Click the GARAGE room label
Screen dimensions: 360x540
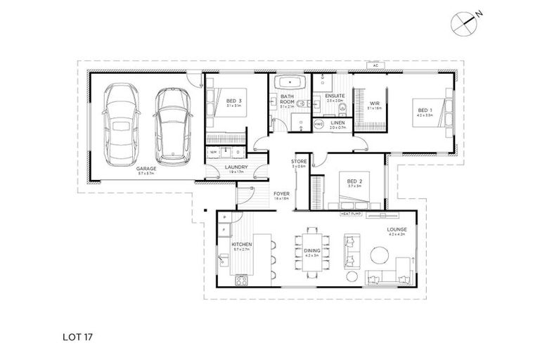coord(146,169)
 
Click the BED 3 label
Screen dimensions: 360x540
coord(233,101)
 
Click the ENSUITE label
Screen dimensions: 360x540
coord(333,96)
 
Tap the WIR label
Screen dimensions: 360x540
coord(374,103)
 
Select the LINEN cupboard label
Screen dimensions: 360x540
coord(337,123)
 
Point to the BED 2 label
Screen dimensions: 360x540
coord(353,181)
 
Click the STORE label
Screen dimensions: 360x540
coord(300,162)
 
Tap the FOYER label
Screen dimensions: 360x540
coord(281,194)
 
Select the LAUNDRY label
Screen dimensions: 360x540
coord(235,167)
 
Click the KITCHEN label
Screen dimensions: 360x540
coord(242,245)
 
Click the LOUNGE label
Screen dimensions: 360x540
coord(396,230)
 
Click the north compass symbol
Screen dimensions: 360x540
coord(464,22)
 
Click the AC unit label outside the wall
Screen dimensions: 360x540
coord(376,65)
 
